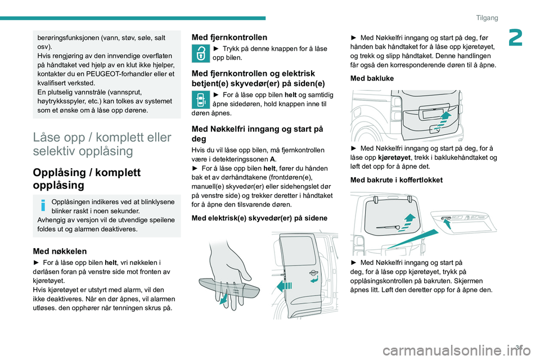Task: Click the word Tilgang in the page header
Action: tap(487, 18)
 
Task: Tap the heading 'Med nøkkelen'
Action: tap(60, 251)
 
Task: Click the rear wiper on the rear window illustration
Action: tap(389, 225)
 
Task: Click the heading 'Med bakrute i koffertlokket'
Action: tap(396, 180)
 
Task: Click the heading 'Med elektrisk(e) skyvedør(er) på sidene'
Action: tap(264, 218)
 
